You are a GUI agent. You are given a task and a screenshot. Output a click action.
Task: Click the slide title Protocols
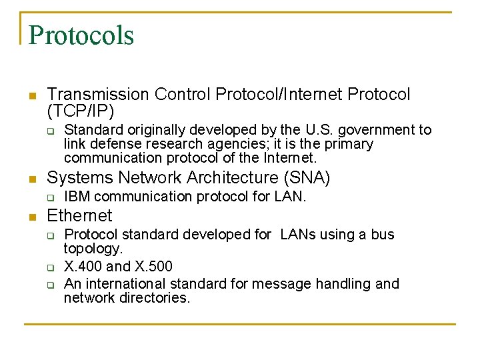click(81, 35)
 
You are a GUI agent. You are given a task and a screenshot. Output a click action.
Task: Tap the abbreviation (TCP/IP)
click(81, 111)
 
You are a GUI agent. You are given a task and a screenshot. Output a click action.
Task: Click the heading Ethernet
click(79, 216)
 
